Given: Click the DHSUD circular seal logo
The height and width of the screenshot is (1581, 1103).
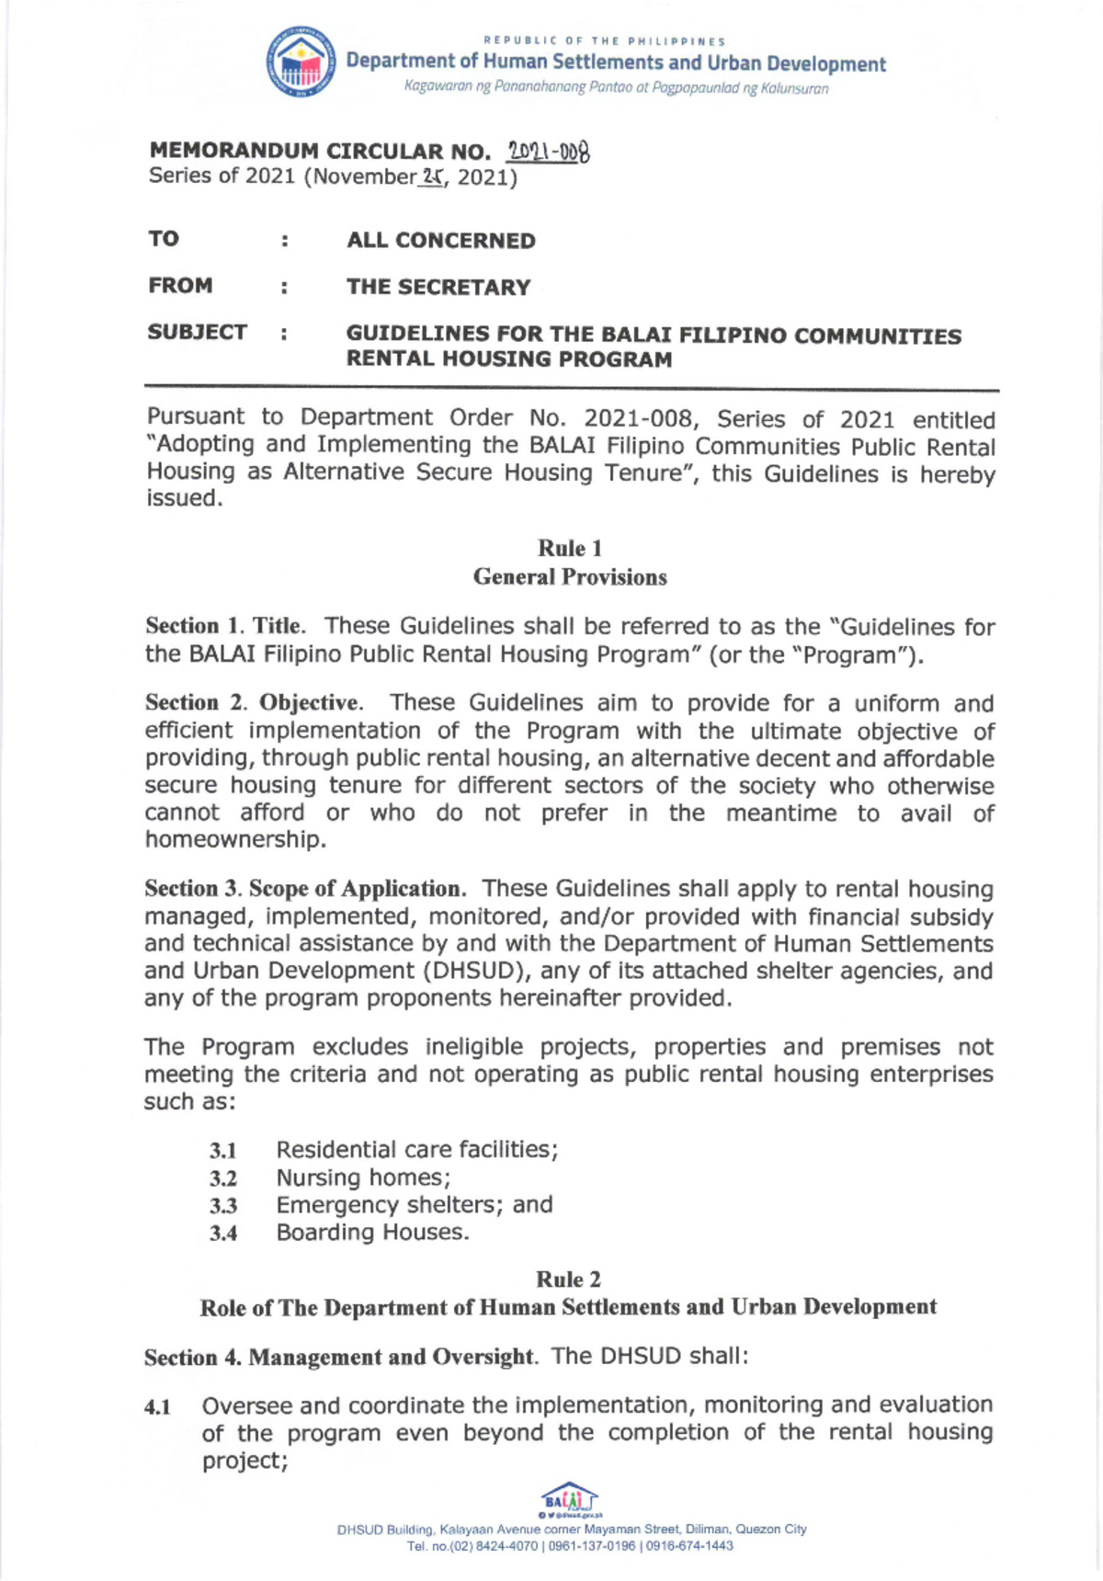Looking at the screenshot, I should [x=301, y=63].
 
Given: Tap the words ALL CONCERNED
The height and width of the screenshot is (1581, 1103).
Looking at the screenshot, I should [x=440, y=241].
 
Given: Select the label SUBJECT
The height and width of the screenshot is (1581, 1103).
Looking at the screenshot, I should [x=198, y=332].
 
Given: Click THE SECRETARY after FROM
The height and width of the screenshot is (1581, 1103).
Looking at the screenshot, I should [x=438, y=288].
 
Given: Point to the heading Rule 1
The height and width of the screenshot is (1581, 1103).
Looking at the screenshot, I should [x=570, y=549].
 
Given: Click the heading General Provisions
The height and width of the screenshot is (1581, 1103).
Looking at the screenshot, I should [x=570, y=577].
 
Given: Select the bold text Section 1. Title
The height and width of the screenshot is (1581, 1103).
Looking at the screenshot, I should [x=224, y=627].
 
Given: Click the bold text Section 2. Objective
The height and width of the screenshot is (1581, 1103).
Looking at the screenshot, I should [x=253, y=703].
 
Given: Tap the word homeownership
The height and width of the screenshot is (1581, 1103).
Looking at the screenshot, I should [x=234, y=840].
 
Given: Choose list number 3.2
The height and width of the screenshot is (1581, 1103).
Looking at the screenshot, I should [x=222, y=1178].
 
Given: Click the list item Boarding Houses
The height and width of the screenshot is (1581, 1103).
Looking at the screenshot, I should [x=372, y=1233].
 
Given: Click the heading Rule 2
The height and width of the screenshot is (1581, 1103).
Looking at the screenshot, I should [x=568, y=1280].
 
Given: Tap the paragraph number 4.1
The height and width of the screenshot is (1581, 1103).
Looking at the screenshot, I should [x=158, y=1407].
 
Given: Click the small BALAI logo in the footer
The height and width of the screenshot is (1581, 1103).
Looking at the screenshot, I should [x=570, y=1497].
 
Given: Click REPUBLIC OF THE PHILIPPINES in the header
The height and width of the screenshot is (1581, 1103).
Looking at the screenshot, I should [x=604, y=41].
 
